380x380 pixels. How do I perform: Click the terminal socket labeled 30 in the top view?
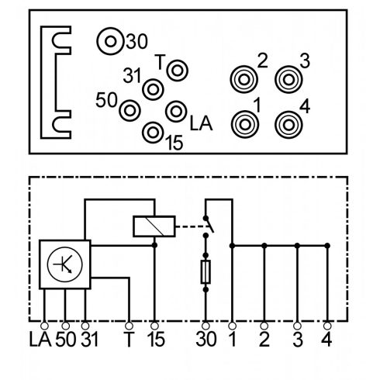pos(110,41)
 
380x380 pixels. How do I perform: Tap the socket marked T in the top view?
pos(178,71)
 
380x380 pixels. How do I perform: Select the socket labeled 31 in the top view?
pos(153,90)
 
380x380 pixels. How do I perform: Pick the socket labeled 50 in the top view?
pos(130,111)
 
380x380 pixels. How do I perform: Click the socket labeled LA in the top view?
pos(176,112)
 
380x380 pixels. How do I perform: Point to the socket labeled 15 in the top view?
pos(153,133)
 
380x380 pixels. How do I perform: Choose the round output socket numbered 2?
pos(244,80)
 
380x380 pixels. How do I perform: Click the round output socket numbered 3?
pos(288,80)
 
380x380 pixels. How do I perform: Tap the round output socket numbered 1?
pos(245,125)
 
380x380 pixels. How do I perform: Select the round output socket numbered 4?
pos(288,125)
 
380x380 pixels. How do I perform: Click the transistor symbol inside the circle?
pos(65,264)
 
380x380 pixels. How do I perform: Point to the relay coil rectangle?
pos(154,226)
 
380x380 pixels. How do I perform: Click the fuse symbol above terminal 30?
pos(206,272)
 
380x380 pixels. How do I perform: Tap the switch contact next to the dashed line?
pos(209,224)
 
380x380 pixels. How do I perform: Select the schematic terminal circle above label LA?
pos(44,326)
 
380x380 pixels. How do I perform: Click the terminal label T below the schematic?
pos(129,340)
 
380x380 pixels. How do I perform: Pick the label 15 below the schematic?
pos(156,340)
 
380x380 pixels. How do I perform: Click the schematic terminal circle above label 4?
pos(327,326)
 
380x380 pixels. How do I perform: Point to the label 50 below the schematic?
pos(66,340)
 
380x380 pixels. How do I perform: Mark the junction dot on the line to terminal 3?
pos(297,246)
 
